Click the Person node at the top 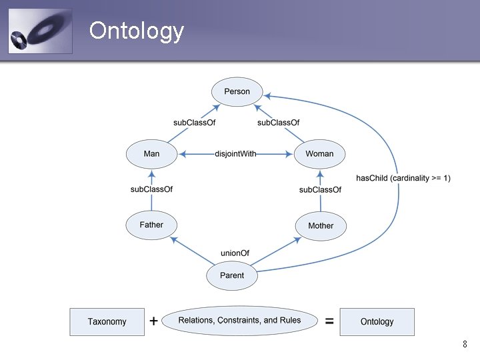[237, 91]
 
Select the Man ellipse [152, 154]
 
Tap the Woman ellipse [319, 154]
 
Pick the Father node [151, 225]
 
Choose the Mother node [320, 226]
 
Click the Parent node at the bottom [231, 275]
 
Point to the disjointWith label [235, 154]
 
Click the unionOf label [235, 253]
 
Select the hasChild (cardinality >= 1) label [403, 178]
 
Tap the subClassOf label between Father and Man [151, 189]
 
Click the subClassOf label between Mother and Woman [320, 190]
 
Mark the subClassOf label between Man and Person [194, 123]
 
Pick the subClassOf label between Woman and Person [278, 123]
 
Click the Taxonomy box [107, 321]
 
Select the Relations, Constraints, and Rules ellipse [239, 321]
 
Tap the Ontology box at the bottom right [377, 321]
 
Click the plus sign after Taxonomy [153, 321]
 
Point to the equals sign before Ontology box [329, 321]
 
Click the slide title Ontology [136, 31]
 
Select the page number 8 [464, 345]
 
